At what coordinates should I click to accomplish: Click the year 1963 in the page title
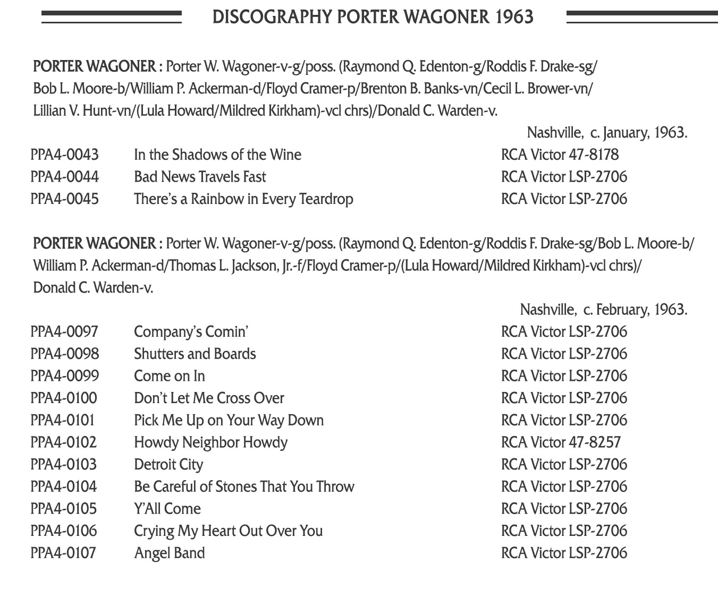tap(514, 17)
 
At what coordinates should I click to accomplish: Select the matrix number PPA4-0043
tap(64, 155)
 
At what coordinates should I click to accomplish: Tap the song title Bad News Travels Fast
tap(200, 177)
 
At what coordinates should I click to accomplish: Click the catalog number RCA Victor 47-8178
tap(560, 155)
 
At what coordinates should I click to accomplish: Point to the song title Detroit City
tap(168, 465)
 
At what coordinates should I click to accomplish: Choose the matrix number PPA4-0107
tap(63, 553)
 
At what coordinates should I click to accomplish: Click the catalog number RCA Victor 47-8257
tap(561, 442)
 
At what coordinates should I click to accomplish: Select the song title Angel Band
tap(169, 553)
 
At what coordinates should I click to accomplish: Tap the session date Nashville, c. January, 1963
tap(607, 132)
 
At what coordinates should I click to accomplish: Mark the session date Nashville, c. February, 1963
tap(603, 310)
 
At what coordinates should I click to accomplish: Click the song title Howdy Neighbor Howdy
tap(210, 442)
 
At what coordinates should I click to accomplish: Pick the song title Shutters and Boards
tap(195, 354)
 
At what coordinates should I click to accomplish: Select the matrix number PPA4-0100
tap(64, 398)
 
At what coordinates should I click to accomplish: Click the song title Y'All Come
tap(167, 509)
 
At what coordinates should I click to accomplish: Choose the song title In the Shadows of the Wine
tap(217, 155)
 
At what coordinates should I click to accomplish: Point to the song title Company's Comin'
tap(191, 332)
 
